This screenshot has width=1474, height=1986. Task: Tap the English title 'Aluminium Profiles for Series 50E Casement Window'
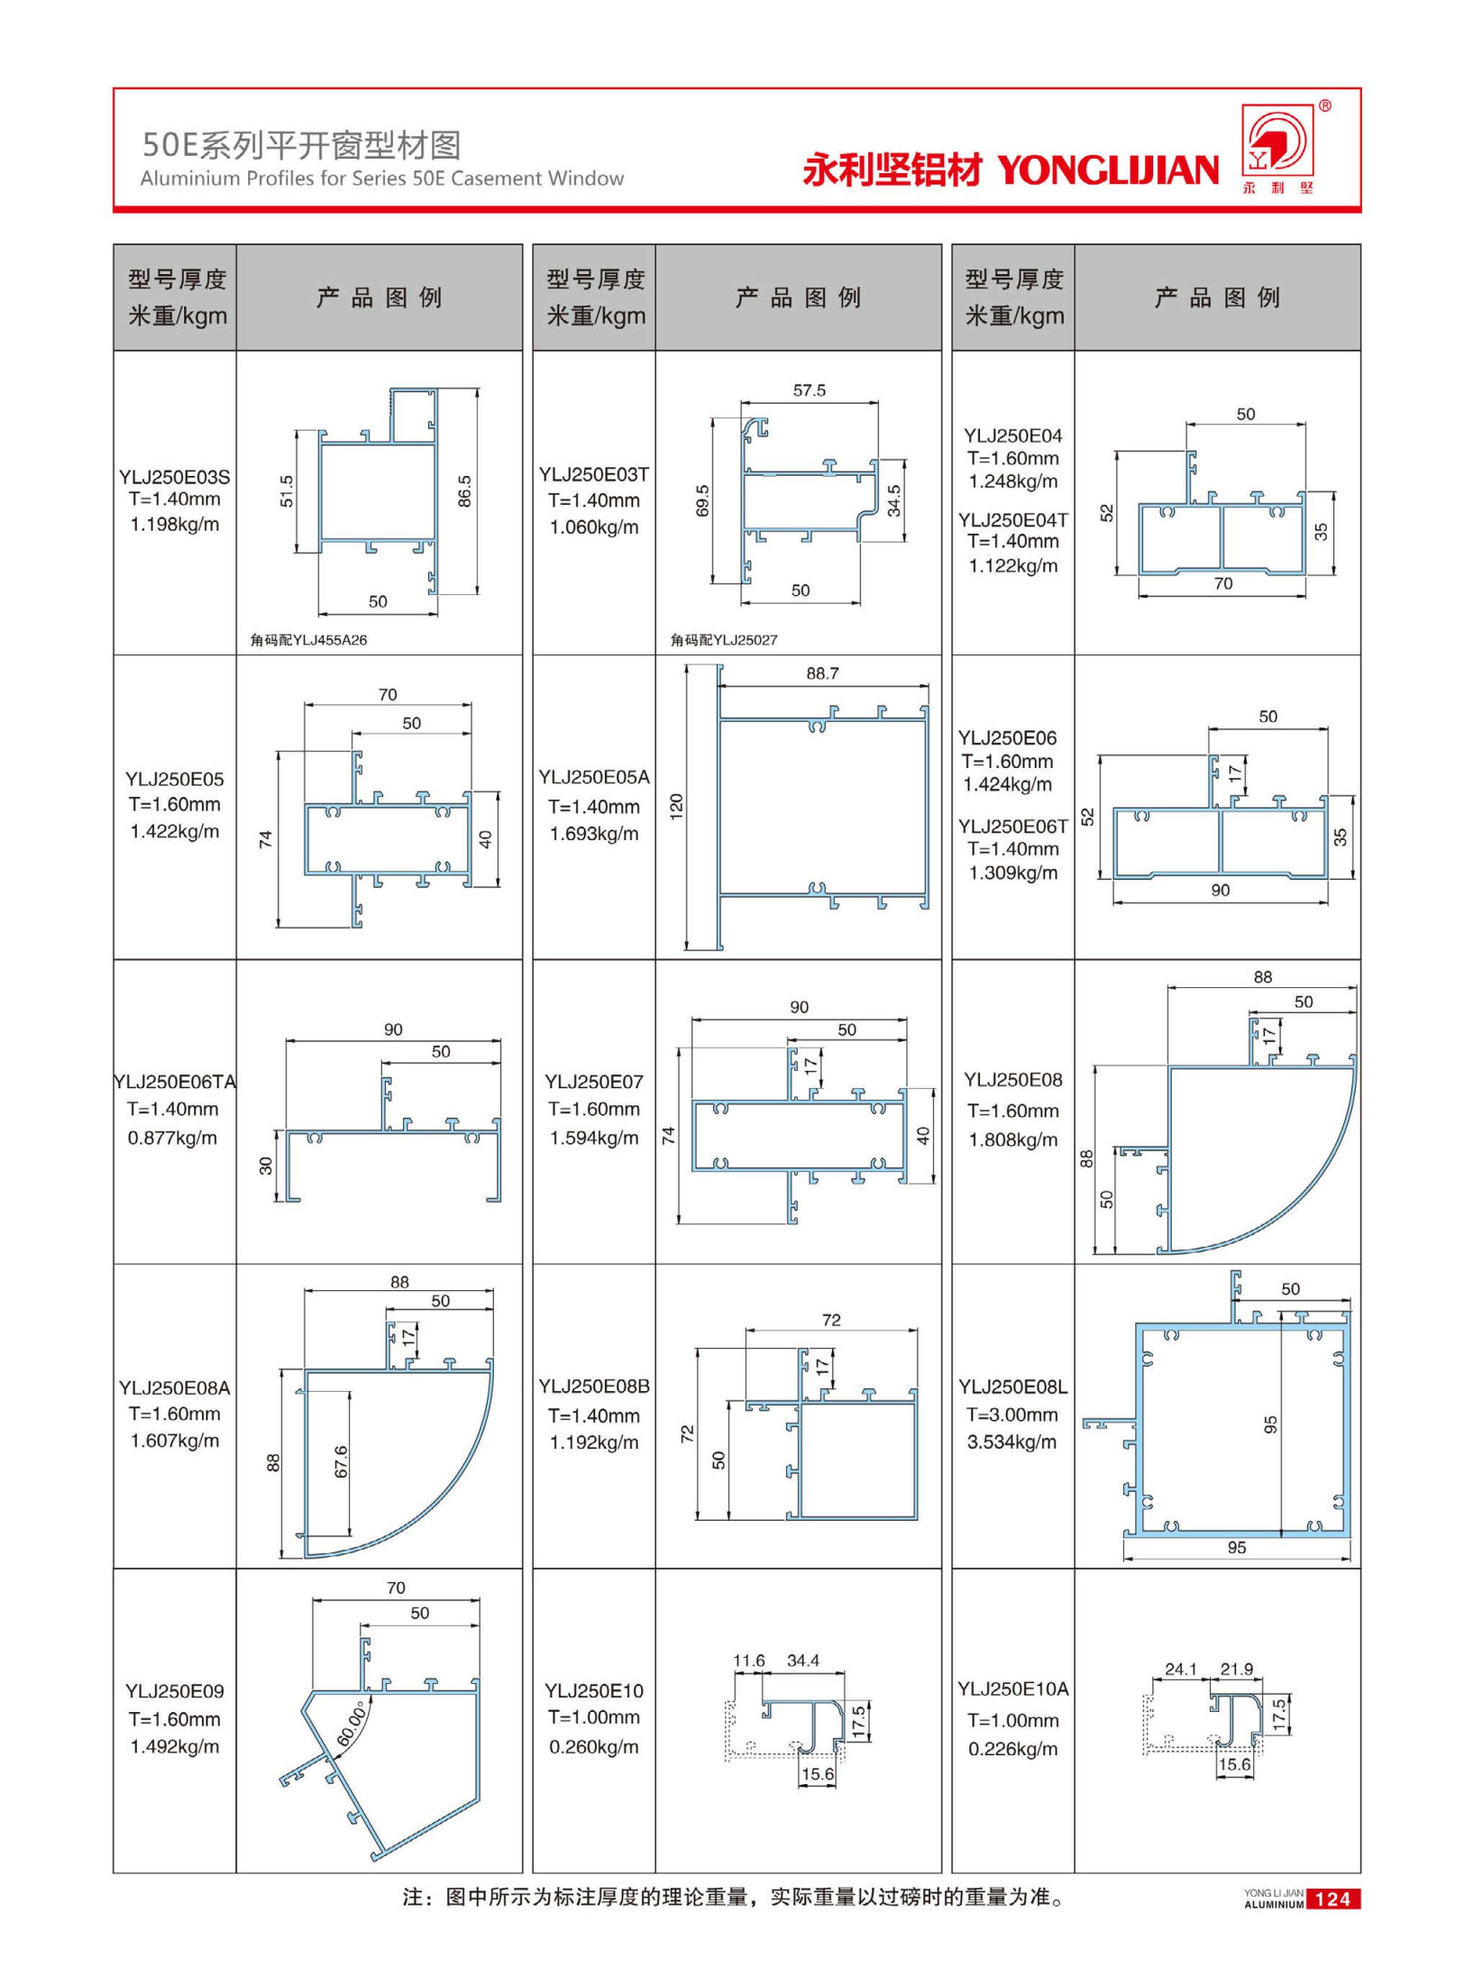[381, 178]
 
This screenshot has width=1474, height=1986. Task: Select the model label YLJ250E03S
[174, 476]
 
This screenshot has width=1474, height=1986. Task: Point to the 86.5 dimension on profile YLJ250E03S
[464, 492]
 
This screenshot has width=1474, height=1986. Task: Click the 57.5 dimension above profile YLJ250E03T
[809, 390]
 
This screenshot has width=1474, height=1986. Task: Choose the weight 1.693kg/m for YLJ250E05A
[594, 834]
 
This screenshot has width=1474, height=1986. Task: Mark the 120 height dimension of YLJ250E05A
[676, 806]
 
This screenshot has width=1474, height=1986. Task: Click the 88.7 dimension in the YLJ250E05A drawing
[822, 673]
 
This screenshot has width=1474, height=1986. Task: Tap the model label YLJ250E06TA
[174, 1082]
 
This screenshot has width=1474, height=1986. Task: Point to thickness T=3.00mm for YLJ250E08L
[1012, 1414]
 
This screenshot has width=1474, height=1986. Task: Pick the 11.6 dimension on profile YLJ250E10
[748, 1661]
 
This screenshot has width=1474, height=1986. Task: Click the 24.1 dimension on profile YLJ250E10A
[1180, 1669]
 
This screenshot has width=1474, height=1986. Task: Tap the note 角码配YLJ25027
[723, 640]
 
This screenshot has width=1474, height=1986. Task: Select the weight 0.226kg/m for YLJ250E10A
[1012, 1748]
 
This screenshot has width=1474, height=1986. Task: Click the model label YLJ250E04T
[1012, 520]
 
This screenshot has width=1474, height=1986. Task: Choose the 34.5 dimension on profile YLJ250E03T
[893, 501]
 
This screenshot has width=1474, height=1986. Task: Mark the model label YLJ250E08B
[594, 1387]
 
